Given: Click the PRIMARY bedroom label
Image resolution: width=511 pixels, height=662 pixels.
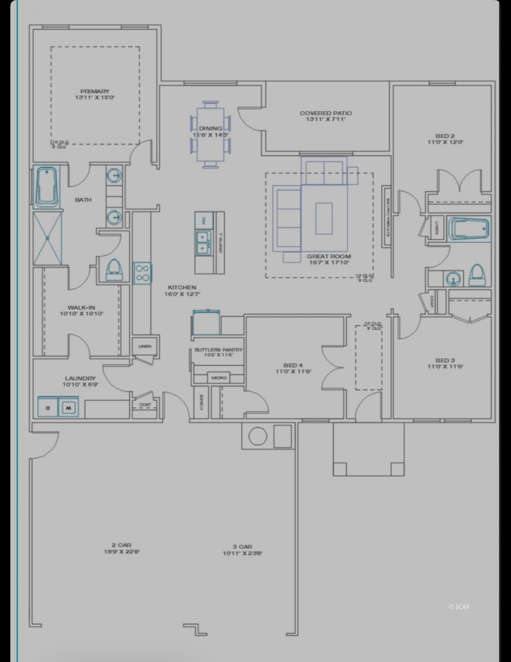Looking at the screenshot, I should pos(94,91).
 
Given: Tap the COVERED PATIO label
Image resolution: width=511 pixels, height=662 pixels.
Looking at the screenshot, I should pos(326,113).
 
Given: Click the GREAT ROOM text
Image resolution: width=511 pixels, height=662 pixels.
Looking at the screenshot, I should pos(329,257).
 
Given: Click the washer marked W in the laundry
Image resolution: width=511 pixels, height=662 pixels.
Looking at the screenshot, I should pos(68,407).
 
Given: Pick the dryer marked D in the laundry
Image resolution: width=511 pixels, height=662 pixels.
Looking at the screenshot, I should pos(48,407).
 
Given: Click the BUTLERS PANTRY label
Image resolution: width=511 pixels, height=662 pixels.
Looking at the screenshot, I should pos(218,350).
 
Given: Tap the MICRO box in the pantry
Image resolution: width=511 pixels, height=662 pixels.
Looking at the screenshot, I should pos(219,378).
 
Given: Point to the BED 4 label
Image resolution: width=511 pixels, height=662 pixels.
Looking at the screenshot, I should pos(293,365).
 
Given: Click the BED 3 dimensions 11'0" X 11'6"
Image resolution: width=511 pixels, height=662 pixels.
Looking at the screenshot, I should pos(445,367).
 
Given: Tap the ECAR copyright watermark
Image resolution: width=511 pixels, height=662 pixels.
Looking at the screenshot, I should pos(459,607).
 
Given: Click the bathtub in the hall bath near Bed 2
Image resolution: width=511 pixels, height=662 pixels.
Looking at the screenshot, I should pos(469,228).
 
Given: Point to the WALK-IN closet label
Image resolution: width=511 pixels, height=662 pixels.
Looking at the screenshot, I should pos(81,307).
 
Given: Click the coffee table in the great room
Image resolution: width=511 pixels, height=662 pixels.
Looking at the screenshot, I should pos(324,218).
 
